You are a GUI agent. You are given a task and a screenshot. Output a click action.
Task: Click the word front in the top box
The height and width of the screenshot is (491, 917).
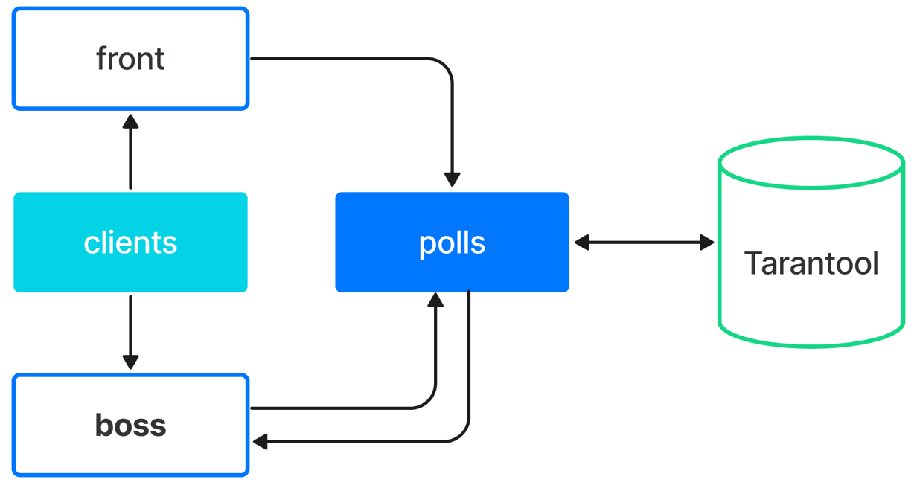[x=130, y=59]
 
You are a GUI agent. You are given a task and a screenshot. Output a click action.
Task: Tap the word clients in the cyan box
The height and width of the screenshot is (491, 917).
[x=130, y=243]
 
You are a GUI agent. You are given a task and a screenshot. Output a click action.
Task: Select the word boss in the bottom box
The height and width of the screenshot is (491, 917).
[x=130, y=425]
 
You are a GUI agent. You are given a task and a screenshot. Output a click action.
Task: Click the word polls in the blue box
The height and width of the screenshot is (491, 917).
[x=452, y=243]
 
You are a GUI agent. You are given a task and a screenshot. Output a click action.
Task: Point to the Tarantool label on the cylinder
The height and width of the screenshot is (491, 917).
[x=811, y=263]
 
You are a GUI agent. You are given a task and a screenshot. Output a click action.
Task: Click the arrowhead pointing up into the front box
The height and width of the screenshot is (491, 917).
[x=130, y=121]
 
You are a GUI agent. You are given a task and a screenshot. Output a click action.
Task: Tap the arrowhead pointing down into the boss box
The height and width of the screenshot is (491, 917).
[x=130, y=362]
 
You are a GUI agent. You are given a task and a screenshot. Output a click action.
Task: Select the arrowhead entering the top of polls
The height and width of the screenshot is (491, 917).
[x=452, y=179]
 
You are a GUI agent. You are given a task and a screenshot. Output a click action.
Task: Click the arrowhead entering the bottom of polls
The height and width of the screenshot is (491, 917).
[x=435, y=300]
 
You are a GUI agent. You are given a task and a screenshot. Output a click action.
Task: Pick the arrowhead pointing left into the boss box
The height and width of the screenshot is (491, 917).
[x=261, y=441]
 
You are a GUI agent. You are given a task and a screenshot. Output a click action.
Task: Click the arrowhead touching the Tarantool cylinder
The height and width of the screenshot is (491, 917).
[x=706, y=243]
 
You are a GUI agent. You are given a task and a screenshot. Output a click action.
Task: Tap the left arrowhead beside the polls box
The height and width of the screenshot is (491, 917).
[x=582, y=243]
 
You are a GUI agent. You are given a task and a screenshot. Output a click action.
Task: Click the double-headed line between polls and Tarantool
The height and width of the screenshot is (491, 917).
[x=645, y=243]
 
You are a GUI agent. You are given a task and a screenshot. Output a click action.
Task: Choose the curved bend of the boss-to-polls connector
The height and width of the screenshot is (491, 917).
[x=428, y=400]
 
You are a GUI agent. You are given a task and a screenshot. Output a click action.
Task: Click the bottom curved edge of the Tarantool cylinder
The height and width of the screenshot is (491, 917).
[x=811, y=346]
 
